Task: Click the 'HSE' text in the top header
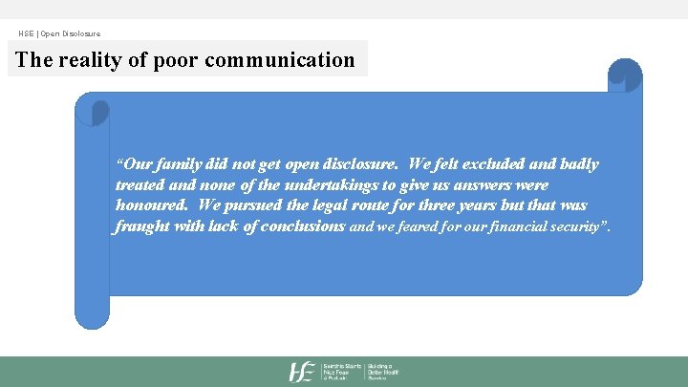point(25,34)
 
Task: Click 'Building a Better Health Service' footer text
point(383,372)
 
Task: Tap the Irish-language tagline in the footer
point(342,372)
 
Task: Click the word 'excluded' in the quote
point(482,164)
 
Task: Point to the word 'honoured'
point(152,205)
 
